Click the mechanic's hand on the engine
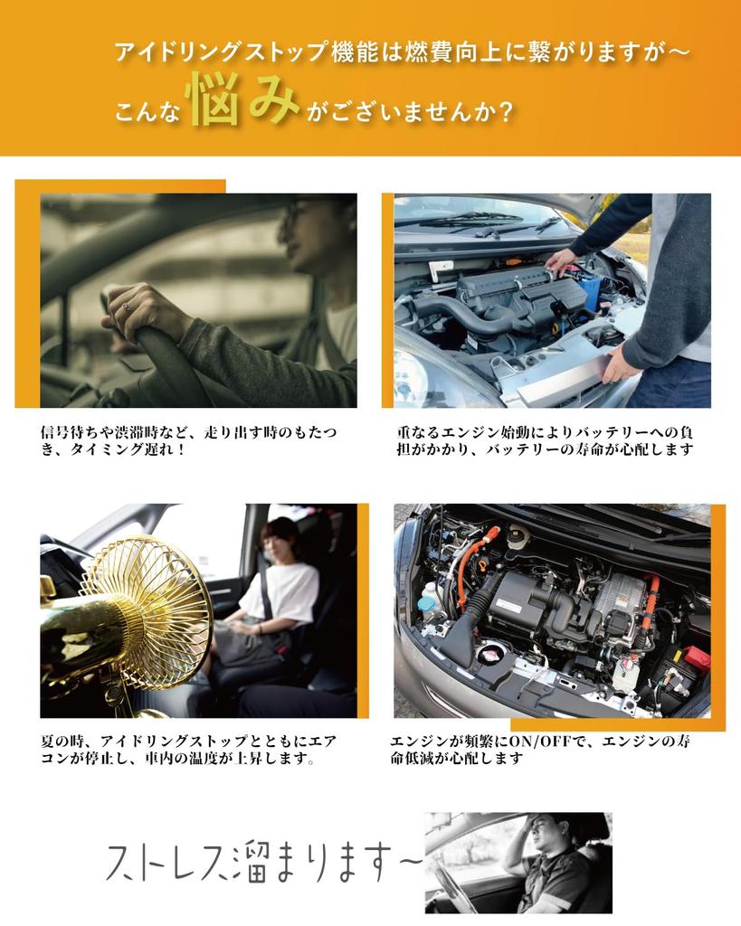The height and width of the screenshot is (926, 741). [562, 261]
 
